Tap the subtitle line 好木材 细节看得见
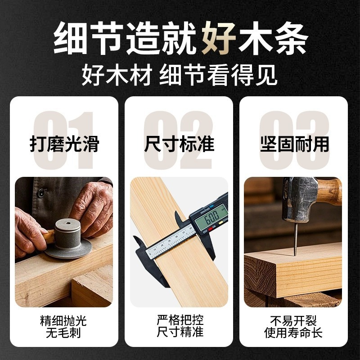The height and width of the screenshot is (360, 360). pos(180,76)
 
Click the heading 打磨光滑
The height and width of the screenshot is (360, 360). pos(64,144)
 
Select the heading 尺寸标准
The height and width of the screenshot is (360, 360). pos(179,144)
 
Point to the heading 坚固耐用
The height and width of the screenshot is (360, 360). pos(294,144)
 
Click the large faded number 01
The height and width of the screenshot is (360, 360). pos(64,139)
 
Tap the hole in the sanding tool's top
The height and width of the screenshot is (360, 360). pos(67,222)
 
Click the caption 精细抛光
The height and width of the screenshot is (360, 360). pos(64,321)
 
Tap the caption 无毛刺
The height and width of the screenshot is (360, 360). pos(64,333)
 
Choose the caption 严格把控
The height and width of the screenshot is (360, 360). pos(179,321)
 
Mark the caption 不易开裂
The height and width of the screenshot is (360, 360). pos(294,321)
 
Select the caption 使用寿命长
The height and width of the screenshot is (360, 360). pos(294,333)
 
